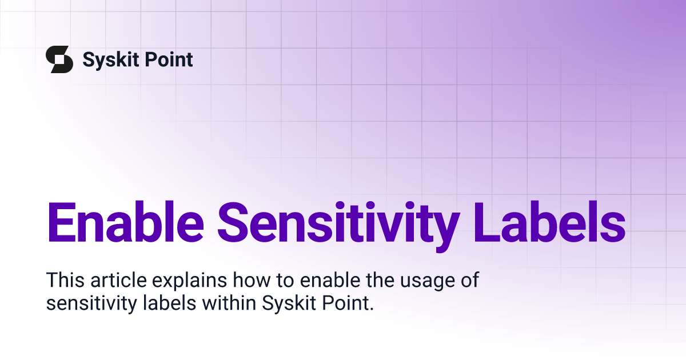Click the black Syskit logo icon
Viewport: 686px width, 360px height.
[x=59, y=59]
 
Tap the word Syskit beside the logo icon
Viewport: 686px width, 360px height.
[x=111, y=60]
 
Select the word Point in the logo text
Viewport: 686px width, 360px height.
[x=169, y=59]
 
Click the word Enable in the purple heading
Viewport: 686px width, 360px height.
[x=125, y=222]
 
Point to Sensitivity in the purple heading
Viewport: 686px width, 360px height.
[x=338, y=226]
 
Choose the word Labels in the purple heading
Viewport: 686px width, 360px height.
[x=549, y=222]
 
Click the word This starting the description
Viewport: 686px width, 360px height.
[x=65, y=280]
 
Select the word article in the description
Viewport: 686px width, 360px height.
[x=118, y=280]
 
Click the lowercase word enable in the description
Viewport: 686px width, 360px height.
[x=330, y=280]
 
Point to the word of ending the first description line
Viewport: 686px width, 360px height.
[x=470, y=280]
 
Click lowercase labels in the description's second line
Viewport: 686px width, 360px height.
[x=170, y=303]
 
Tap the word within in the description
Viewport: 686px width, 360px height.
[x=229, y=303]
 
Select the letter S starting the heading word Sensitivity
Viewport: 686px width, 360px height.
[x=233, y=222]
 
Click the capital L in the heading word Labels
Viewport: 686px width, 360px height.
[x=486, y=222]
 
